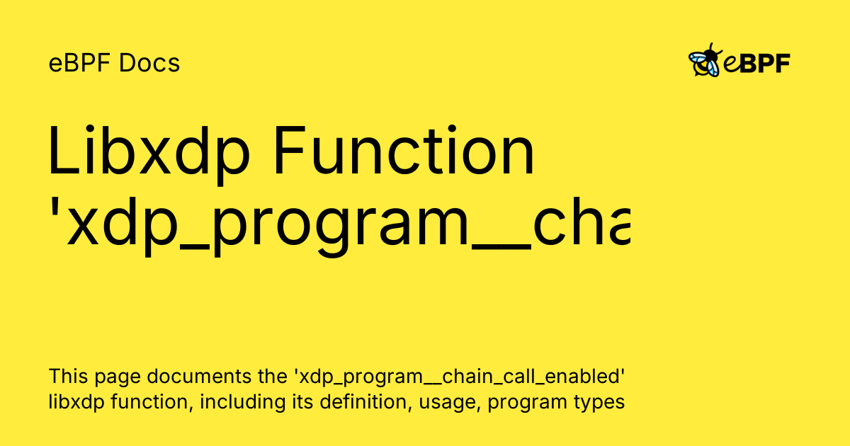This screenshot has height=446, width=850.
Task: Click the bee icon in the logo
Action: [x=705, y=61]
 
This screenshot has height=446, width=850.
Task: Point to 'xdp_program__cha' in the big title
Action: [x=347, y=225]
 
